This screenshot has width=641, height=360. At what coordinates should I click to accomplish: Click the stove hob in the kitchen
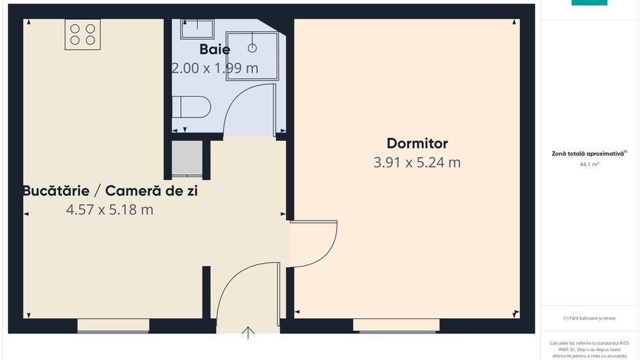[82, 34]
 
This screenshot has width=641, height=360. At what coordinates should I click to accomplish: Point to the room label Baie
[215, 49]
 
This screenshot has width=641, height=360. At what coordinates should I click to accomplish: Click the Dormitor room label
[417, 143]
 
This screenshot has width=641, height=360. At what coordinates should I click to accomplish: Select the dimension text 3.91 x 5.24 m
[417, 163]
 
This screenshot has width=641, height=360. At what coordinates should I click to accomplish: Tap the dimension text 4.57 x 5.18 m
[109, 210]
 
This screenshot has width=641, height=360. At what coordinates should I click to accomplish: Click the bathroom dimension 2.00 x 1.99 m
[215, 68]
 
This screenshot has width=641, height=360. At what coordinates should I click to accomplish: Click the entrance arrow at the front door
[248, 333]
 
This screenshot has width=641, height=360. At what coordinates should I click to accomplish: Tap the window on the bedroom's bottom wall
[396, 326]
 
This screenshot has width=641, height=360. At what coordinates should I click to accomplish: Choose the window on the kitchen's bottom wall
[113, 326]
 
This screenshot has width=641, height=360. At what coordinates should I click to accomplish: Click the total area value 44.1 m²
[589, 165]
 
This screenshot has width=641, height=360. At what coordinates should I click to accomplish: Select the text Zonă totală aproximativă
[589, 154]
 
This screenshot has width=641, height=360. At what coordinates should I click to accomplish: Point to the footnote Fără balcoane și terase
[589, 318]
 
